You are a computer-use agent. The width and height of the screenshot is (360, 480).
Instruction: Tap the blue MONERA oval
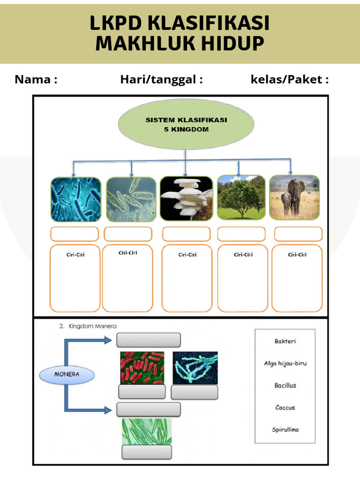pos(67,375)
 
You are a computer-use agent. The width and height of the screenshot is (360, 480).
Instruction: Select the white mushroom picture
pos(186,199)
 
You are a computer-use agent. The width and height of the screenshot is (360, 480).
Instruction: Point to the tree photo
pos(241,198)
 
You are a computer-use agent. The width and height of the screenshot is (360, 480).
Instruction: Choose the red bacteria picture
pos(142,368)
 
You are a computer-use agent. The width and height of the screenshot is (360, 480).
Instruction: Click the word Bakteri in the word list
pos(285,341)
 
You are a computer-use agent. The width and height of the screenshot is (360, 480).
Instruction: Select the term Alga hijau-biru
pos(285,363)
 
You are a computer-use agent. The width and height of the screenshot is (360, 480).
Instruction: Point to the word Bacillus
pos(285,385)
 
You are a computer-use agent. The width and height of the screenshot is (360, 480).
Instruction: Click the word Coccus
pos(285,407)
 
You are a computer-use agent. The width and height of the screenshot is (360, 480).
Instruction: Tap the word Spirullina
pos(285,429)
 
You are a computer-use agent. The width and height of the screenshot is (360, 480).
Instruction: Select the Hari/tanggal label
pos(161,79)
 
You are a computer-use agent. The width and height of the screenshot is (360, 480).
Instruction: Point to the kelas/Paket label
pos(290,79)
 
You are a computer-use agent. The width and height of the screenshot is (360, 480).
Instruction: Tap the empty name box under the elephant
pos(298,234)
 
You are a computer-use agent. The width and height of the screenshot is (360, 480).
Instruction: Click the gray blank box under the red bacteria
pos(142,392)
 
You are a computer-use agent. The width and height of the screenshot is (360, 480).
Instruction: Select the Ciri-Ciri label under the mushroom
pos(187,255)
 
